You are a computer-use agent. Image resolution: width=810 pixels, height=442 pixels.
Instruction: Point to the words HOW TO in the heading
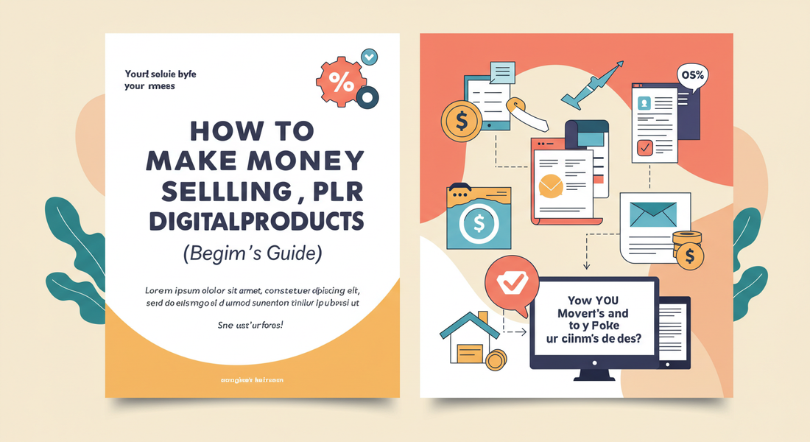click(x=252, y=131)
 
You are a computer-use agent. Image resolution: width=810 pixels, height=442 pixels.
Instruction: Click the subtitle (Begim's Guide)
click(x=252, y=254)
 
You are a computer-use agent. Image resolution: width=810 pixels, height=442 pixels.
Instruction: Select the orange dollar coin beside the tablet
click(x=460, y=120)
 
